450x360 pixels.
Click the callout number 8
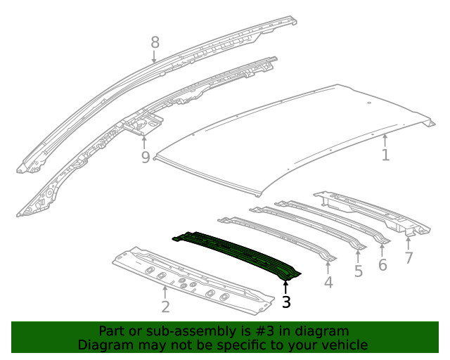tap(155, 43)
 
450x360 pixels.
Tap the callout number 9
tap(146, 157)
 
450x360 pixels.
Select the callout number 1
tap(386, 155)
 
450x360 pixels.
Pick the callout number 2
tap(166, 307)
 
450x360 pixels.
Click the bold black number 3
tap(286, 302)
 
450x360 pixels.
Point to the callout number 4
tap(328, 283)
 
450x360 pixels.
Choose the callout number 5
tap(359, 271)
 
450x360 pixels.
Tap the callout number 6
tap(382, 264)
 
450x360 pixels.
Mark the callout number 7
tap(409, 257)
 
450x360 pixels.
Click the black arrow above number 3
tap(285, 288)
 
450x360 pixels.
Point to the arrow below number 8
tap(154, 56)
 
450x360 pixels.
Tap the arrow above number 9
tap(144, 143)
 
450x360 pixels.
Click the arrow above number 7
tap(409, 243)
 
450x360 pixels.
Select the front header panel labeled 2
tap(193, 281)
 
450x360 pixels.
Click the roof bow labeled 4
tap(277, 238)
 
